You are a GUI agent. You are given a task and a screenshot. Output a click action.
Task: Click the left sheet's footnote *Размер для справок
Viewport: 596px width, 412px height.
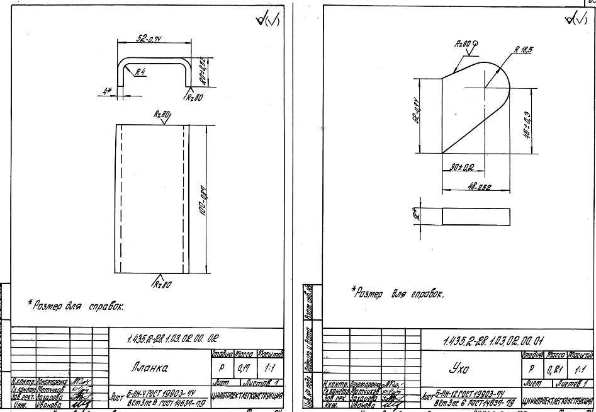pyautogui.click(x=76, y=306)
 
